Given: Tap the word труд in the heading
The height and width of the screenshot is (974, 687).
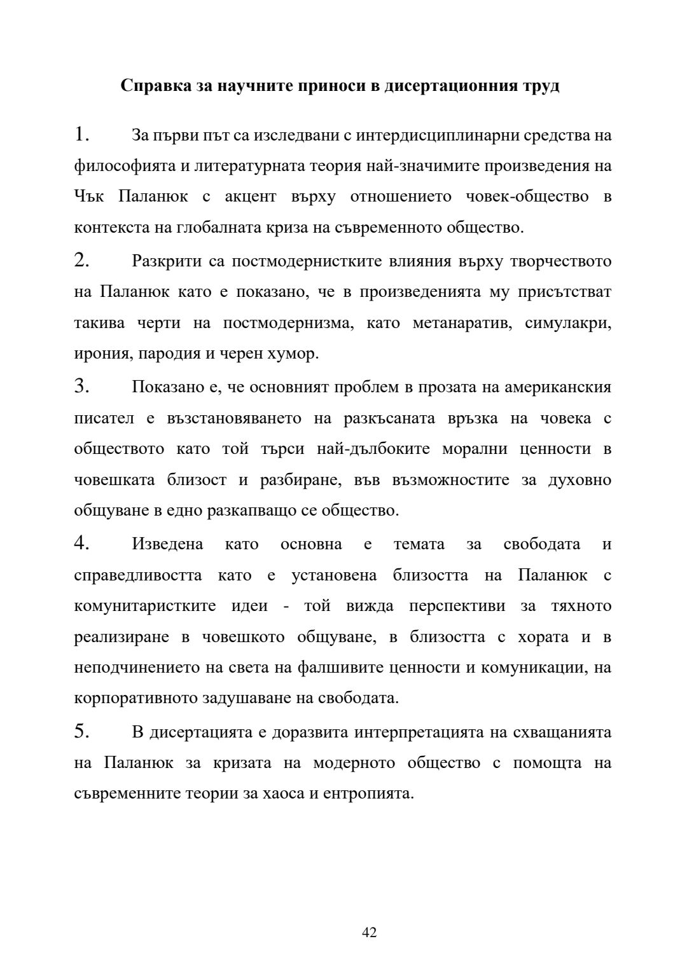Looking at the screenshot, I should click(541, 86).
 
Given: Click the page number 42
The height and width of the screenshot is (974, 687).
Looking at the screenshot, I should click(369, 932).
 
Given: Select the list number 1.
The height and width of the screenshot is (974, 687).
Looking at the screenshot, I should click(81, 135).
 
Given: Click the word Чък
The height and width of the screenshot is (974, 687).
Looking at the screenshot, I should click(88, 196).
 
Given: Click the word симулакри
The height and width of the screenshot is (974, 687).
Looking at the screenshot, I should click(567, 323).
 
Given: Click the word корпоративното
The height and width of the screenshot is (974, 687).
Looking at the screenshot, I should click(136, 698).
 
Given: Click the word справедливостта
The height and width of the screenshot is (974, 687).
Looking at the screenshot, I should click(138, 575).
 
